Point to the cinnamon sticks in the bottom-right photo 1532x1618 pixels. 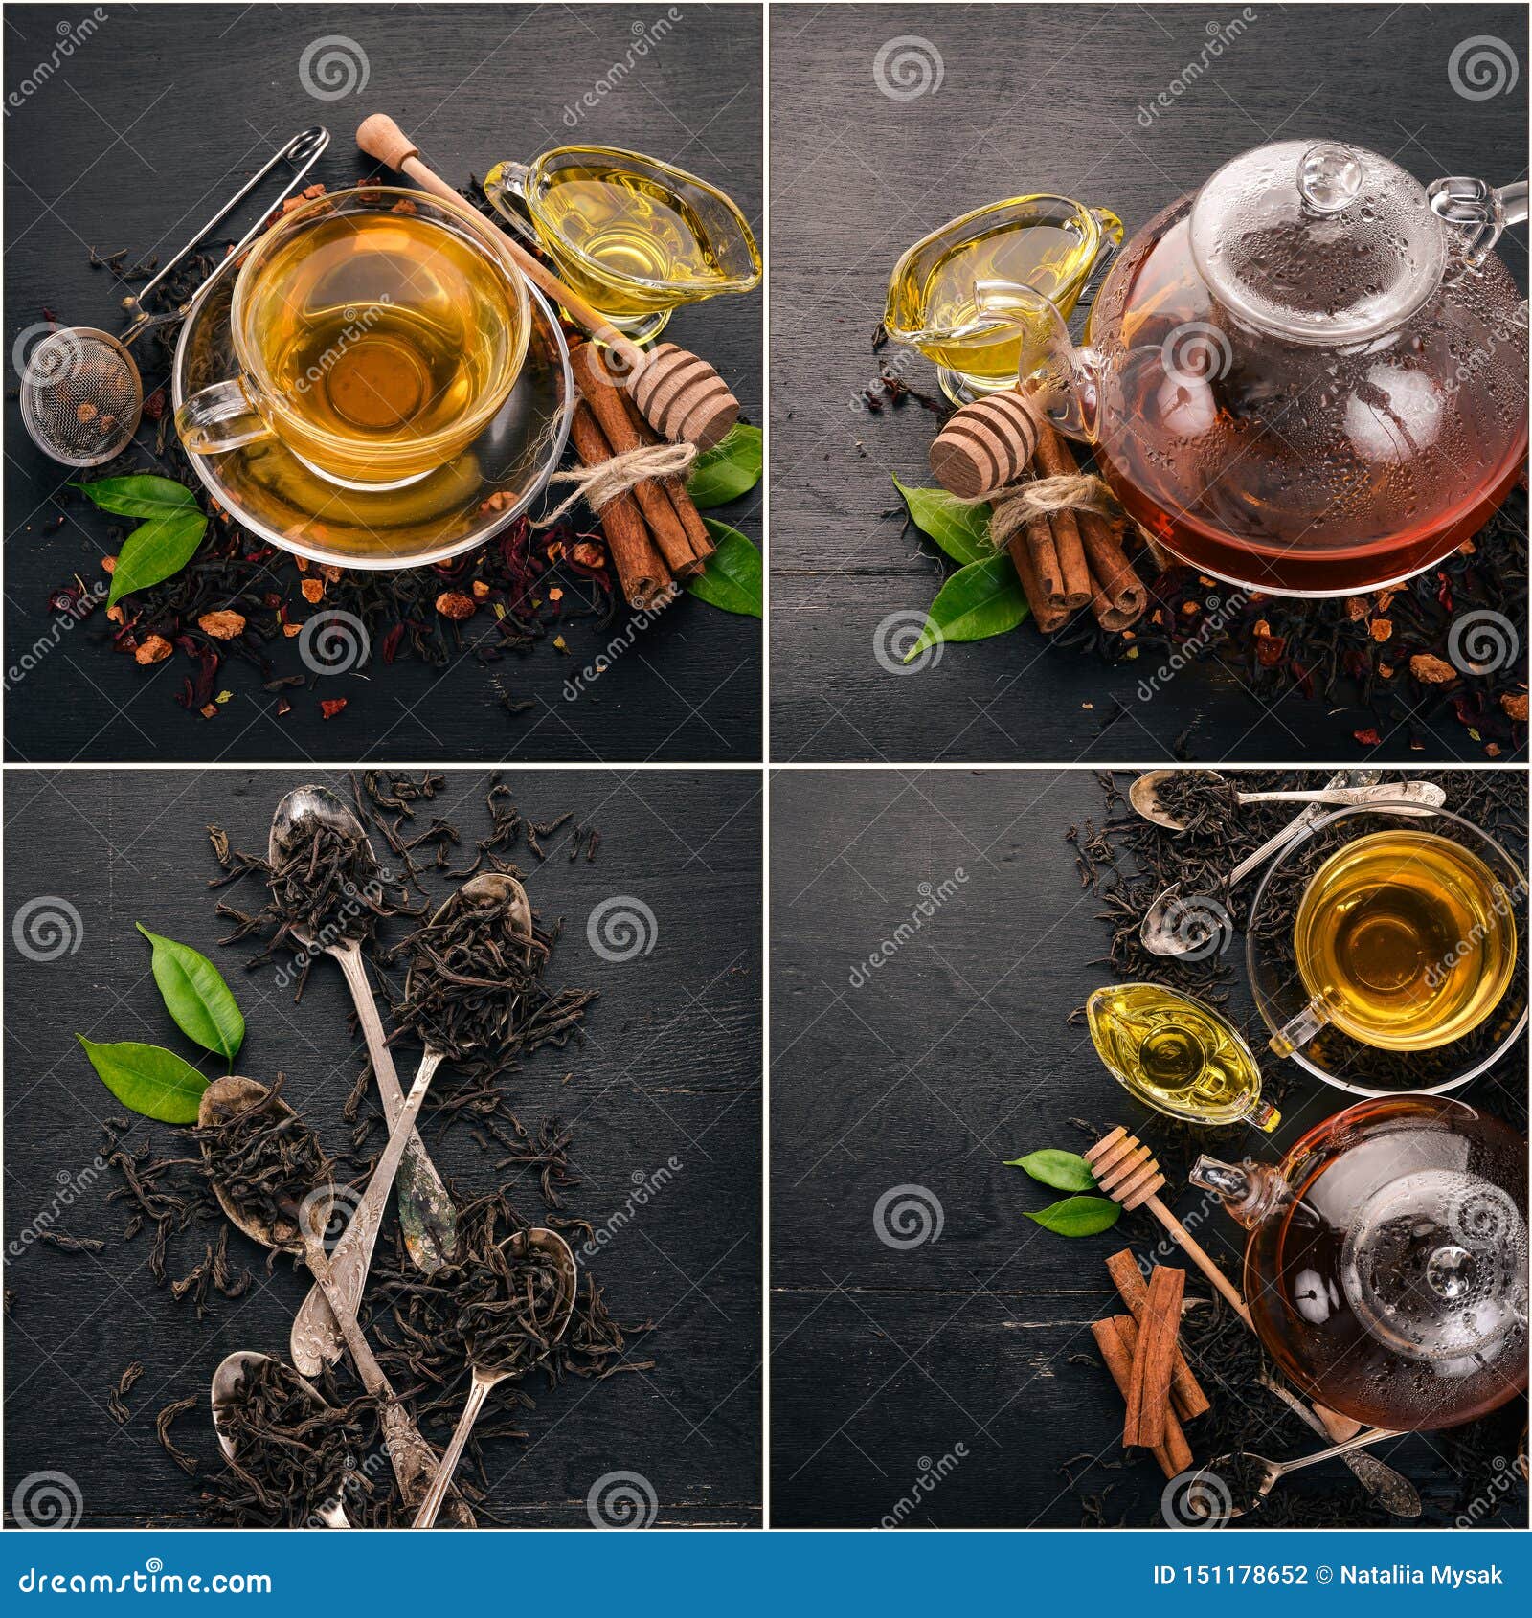1149,1355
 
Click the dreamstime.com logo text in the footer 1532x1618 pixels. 140,1579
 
